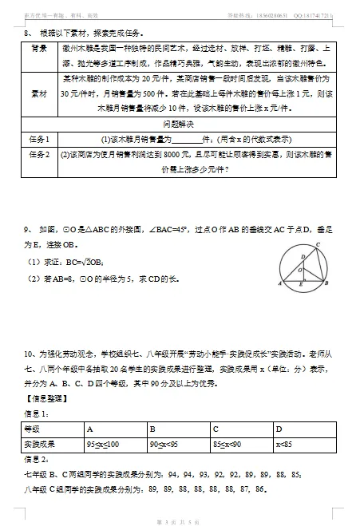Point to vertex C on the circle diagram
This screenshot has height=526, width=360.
[x=318, y=245]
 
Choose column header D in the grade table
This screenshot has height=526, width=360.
[x=278, y=428]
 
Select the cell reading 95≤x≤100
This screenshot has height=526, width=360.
[x=103, y=443]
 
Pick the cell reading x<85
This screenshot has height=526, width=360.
[x=283, y=443]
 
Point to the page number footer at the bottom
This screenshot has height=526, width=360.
[x=180, y=520]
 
